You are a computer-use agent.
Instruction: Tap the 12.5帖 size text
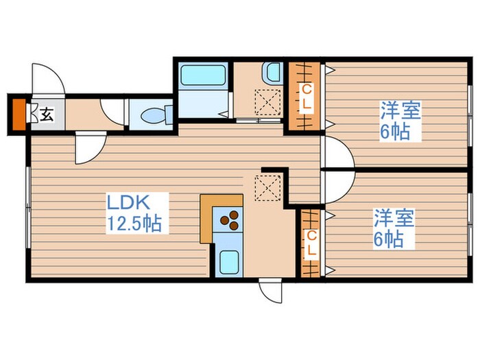(134, 224)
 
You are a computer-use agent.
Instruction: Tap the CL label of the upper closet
(307, 97)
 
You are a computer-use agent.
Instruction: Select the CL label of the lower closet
(311, 243)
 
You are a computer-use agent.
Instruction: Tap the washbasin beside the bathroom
(272, 71)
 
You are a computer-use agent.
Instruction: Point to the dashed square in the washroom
(267, 101)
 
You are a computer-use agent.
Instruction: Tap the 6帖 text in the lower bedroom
(388, 240)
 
